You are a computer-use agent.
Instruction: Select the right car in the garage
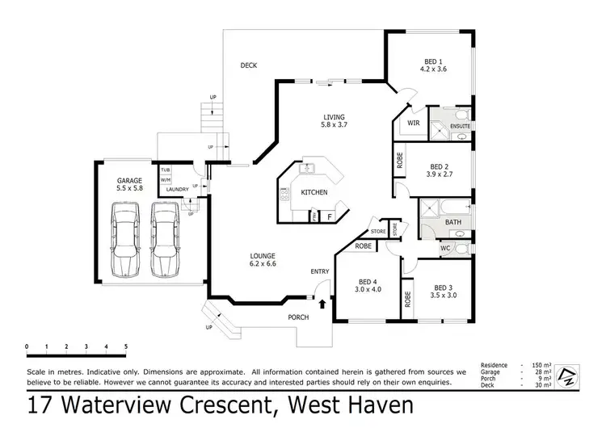tap(164, 238)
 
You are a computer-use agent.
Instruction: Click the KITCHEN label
tap(314, 194)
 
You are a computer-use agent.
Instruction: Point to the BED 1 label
tap(435, 61)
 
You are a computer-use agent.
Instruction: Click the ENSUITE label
tap(461, 127)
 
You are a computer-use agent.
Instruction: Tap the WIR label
tap(413, 124)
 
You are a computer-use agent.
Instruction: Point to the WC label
tap(445, 249)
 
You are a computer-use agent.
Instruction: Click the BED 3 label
tap(442, 287)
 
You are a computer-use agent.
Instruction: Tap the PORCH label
tap(298, 317)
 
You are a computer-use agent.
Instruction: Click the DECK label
tap(249, 65)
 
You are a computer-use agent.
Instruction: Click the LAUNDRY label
tap(177, 190)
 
